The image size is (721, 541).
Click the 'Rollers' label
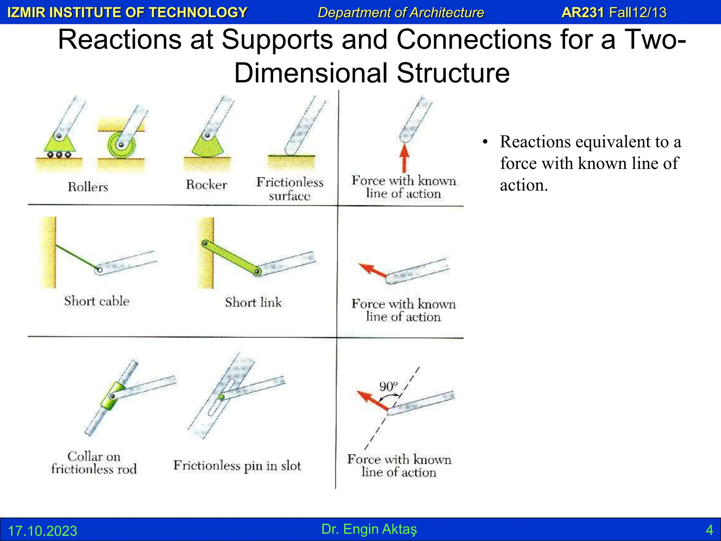coord(88,187)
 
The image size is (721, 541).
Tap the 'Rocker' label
coord(206,185)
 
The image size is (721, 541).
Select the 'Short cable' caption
coord(96,301)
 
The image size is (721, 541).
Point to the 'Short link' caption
coord(253,302)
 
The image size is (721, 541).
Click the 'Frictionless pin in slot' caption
coord(237,466)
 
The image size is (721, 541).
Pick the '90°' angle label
coord(388,386)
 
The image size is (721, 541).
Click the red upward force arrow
coord(404,158)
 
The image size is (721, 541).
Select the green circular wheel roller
coord(121,145)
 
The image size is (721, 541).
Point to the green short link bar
coord(231,257)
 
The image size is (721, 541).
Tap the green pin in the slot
coord(221,397)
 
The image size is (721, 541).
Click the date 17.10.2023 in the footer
coord(42,531)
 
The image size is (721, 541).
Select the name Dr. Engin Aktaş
coord(369,529)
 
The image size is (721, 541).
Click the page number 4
coord(709,530)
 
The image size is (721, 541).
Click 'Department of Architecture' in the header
coord(401,13)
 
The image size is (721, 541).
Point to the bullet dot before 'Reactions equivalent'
coord(485,142)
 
